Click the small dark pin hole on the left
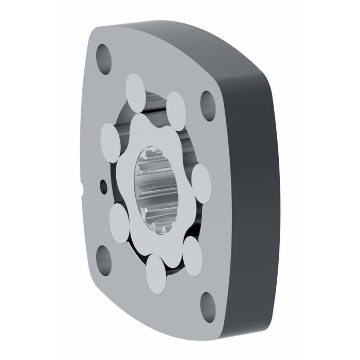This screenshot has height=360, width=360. (103, 184)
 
